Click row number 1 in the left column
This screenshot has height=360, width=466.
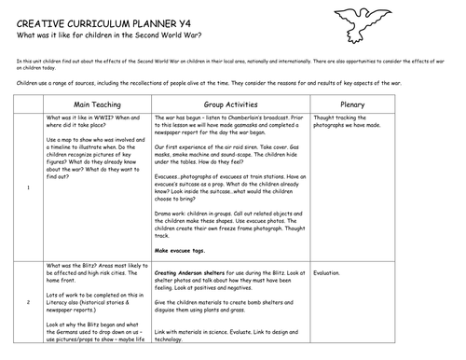31,187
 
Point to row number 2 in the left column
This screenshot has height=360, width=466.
31,303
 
